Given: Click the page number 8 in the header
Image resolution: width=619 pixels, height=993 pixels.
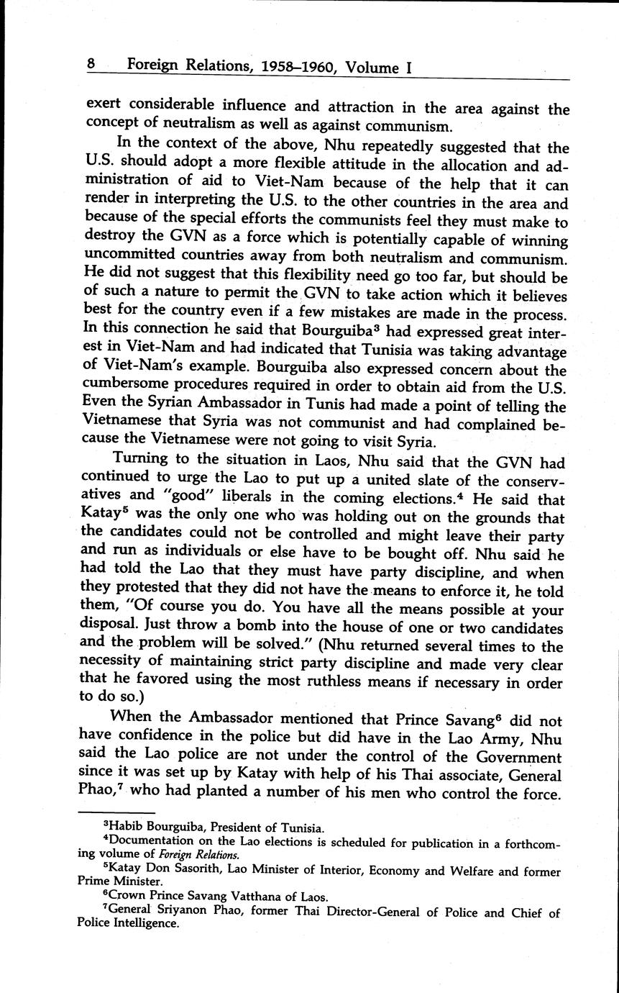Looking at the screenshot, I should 91,65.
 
